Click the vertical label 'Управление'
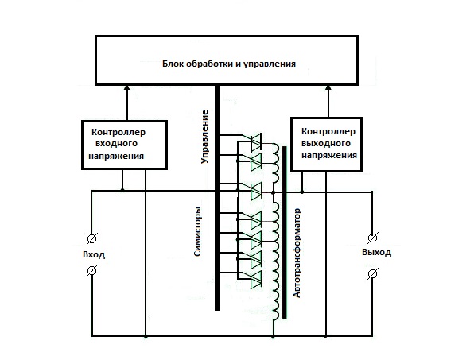(205, 137)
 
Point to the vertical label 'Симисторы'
(197, 231)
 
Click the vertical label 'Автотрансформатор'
(297, 253)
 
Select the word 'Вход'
(94, 254)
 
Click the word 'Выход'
(377, 252)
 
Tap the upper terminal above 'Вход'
(92, 238)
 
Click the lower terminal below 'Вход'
(92, 270)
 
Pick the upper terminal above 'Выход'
(373, 238)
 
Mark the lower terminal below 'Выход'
(373, 273)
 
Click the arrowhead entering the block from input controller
(127, 87)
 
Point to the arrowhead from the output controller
(328, 87)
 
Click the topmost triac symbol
(256, 142)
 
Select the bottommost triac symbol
(256, 280)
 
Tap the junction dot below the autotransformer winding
(273, 336)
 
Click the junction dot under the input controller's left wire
(122, 190)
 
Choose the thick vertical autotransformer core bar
(285, 232)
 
